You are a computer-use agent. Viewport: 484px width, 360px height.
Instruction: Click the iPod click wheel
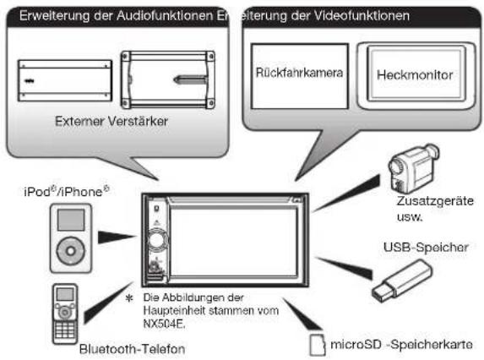[71, 251]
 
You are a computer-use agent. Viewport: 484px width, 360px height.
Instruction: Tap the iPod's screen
[71, 220]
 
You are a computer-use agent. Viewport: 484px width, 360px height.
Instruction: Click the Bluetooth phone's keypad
[65, 330]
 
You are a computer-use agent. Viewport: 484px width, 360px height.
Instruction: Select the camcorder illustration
[412, 168]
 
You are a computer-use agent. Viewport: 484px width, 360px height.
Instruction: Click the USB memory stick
[402, 281]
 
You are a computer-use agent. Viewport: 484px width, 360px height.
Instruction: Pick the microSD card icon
[318, 344]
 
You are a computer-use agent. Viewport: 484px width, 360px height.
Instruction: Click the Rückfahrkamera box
[299, 76]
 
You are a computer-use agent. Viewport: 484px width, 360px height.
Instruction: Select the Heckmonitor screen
[416, 74]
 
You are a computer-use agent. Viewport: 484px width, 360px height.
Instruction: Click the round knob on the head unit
[157, 240]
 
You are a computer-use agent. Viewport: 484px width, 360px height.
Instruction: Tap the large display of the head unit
[233, 242]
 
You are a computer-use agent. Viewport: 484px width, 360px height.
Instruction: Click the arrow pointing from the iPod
[117, 237]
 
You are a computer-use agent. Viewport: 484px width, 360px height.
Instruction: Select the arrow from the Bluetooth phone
[108, 303]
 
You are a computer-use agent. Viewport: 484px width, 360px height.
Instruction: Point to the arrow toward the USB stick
[344, 268]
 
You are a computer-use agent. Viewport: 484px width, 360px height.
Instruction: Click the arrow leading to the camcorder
[346, 193]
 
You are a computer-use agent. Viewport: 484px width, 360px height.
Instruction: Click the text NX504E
[164, 324]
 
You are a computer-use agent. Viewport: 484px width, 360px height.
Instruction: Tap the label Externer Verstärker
[111, 121]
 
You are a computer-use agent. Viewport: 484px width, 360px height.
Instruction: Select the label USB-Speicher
[426, 247]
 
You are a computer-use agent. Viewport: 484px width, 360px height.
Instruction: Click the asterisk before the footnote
[129, 298]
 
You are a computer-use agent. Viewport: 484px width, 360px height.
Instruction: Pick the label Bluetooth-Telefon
[132, 349]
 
